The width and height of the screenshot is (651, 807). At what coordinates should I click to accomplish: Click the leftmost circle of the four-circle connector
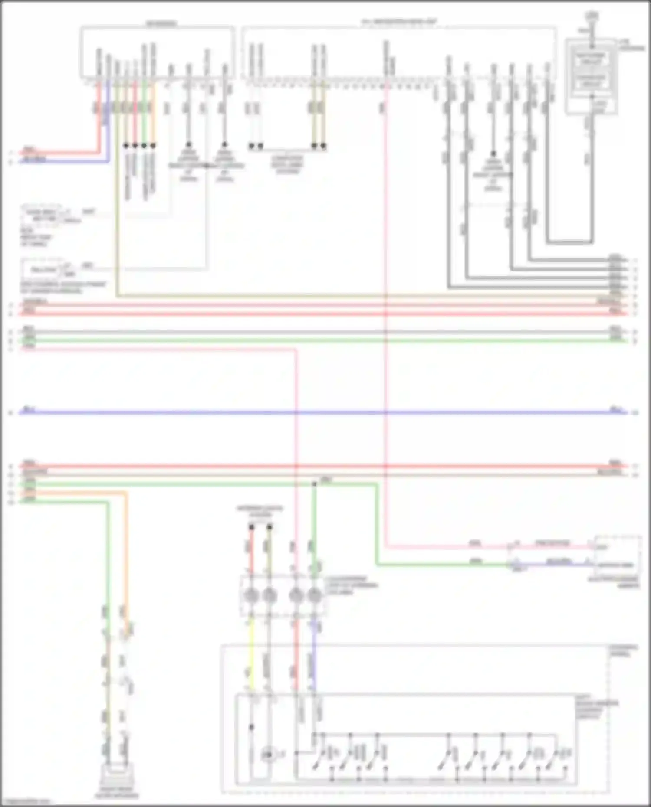click(251, 596)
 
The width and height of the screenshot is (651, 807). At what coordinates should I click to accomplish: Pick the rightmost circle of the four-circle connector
click(314, 596)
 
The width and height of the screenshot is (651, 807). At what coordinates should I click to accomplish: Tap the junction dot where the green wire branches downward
click(314, 484)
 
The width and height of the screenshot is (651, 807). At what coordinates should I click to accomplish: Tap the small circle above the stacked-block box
click(591, 16)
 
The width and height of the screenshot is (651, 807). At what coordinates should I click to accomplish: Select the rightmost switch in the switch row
click(556, 763)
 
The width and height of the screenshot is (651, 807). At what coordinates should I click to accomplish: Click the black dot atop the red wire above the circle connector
click(251, 527)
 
